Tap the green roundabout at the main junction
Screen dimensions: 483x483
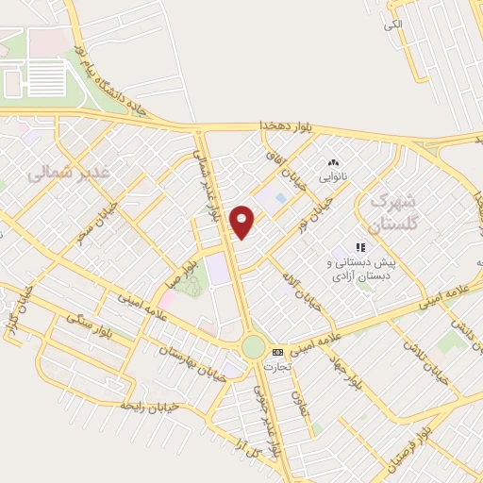point(253,346)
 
